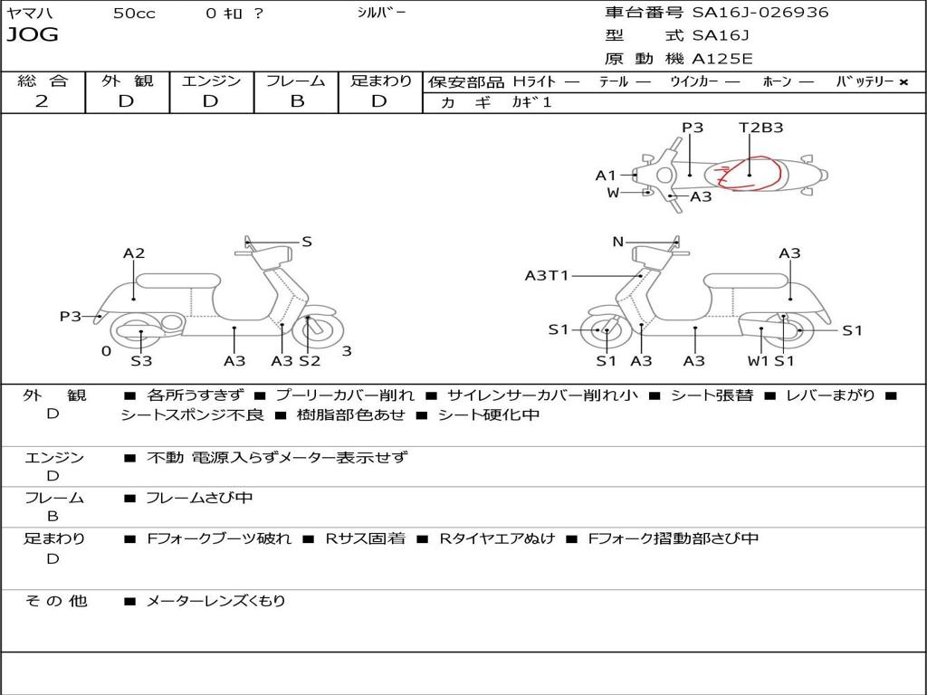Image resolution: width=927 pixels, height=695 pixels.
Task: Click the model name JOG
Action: (33, 35)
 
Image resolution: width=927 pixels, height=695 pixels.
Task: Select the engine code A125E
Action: (722, 60)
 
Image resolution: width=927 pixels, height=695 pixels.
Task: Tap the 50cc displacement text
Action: (134, 14)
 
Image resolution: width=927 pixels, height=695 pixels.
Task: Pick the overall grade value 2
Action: (42, 101)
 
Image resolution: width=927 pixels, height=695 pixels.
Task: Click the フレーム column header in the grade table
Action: (296, 81)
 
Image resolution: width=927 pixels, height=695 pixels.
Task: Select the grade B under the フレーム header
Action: (296, 101)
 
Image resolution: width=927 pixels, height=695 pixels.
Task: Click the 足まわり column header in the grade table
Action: (381, 81)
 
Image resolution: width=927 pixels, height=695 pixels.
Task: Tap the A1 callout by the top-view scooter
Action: (606, 176)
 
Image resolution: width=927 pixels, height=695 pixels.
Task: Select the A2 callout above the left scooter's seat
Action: (134, 253)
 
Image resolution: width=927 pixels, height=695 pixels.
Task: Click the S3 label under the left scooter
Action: (141, 361)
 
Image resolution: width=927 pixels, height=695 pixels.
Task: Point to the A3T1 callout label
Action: (547, 275)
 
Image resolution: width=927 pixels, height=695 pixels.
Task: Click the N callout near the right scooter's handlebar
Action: (618, 242)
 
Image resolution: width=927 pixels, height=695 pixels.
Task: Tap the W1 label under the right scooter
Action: (758, 361)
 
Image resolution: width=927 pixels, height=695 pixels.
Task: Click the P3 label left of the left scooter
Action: (71, 317)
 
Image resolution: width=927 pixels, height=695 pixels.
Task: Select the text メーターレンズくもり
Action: (215, 601)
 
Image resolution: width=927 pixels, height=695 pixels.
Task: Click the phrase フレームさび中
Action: (199, 498)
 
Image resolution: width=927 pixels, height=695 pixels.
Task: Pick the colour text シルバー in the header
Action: (381, 13)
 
